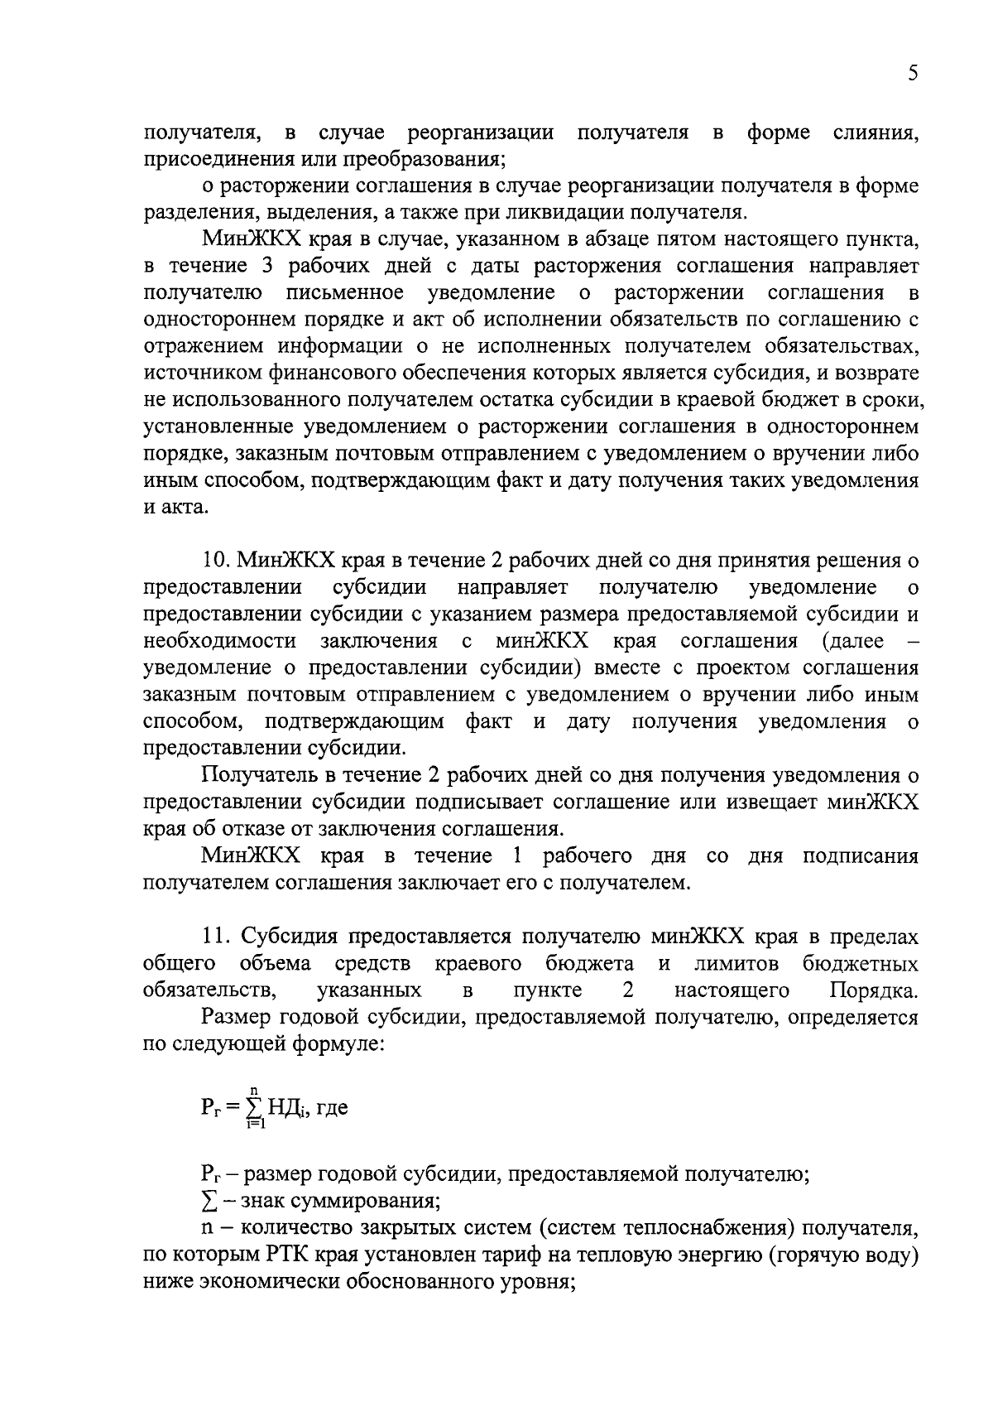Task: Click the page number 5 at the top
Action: click(913, 74)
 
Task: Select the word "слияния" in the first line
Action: click(877, 132)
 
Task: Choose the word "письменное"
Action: click(344, 293)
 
